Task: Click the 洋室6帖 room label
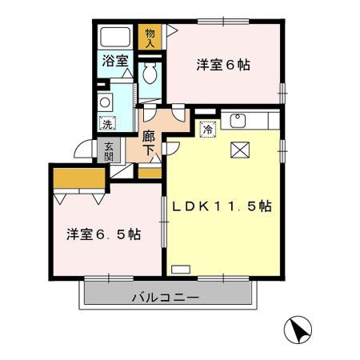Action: pos(223,65)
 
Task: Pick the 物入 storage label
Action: pos(150,38)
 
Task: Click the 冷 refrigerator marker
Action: pos(206,127)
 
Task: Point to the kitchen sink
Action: pos(238,122)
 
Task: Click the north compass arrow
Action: pos(298,330)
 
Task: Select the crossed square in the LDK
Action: pos(240,150)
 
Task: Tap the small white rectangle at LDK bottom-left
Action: pos(182,267)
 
